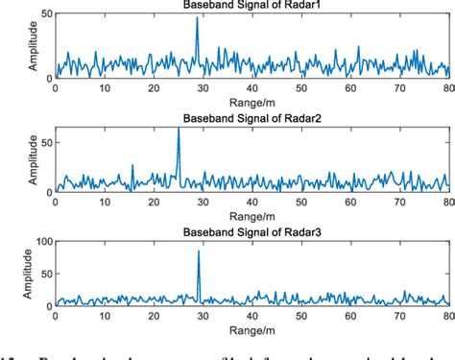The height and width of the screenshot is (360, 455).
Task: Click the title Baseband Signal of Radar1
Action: point(251,6)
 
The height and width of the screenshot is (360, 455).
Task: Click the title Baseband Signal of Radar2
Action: point(251,120)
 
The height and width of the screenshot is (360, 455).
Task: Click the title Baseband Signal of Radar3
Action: point(251,236)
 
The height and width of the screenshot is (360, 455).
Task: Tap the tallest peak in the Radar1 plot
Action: point(197,18)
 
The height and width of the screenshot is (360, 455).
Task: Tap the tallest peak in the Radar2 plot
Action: point(178,130)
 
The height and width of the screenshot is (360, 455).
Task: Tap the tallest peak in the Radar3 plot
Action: point(199,252)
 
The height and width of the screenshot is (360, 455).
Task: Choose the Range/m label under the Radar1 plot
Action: point(251,100)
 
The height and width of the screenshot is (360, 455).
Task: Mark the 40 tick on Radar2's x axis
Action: point(251,203)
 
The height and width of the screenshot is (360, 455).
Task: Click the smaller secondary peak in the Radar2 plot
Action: point(132,166)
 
